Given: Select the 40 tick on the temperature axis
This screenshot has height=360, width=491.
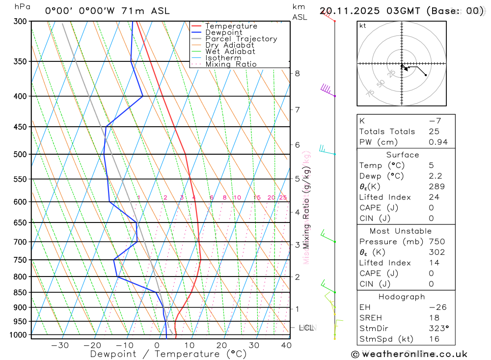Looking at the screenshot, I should [x=286, y=345].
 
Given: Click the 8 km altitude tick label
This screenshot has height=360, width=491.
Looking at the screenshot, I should [x=297, y=74].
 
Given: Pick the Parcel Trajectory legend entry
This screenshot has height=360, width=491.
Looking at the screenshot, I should [x=241, y=39].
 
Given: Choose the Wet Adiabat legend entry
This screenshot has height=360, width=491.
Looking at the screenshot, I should [x=230, y=52].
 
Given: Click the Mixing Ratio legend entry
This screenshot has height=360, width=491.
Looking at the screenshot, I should [x=231, y=64].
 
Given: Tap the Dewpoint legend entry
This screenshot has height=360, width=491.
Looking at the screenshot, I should [x=224, y=32].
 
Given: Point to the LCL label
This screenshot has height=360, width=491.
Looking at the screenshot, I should [x=306, y=328].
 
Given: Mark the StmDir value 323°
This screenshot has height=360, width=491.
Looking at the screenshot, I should [x=438, y=329].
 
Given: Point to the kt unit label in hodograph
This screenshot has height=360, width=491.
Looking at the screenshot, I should [x=363, y=26].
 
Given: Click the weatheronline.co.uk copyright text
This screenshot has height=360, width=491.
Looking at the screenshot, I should [x=409, y=354].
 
